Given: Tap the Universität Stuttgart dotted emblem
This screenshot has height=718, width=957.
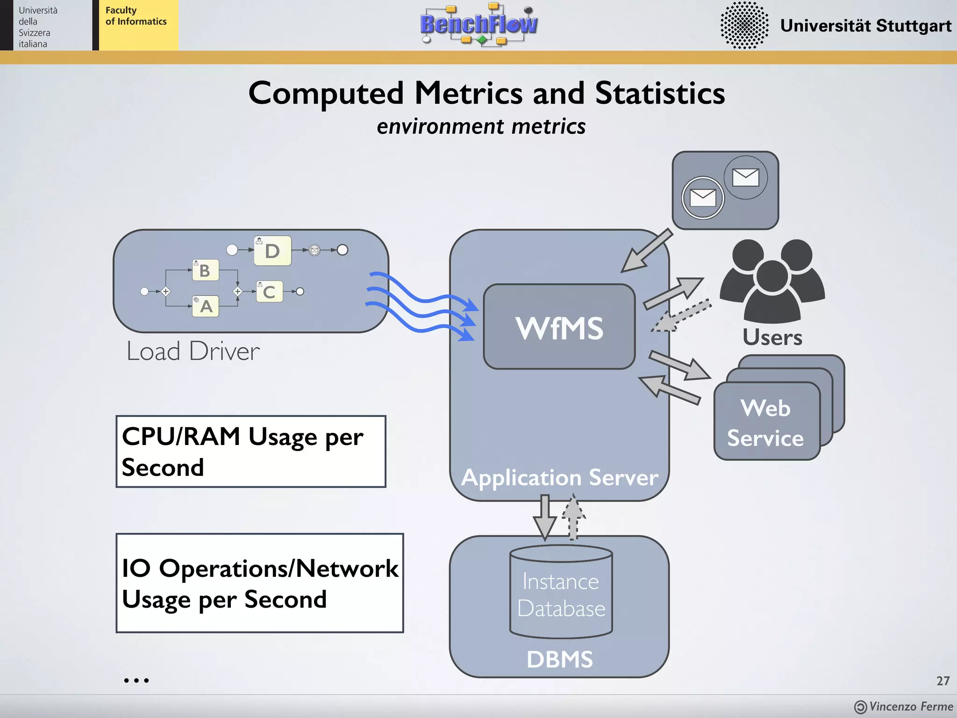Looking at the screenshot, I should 744,25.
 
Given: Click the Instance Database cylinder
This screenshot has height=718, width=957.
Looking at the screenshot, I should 561,593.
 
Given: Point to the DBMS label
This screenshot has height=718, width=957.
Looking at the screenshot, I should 559,659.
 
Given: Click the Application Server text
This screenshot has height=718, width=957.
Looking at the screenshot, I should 559,478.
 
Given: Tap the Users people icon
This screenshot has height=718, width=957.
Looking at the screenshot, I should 772,280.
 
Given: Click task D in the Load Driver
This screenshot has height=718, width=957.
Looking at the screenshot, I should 272,251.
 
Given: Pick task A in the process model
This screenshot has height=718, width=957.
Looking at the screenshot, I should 206,306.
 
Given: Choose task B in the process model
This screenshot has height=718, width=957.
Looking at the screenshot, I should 206,270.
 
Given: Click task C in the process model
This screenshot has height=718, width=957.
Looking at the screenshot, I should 269,292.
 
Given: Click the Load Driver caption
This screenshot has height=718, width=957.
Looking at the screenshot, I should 193,352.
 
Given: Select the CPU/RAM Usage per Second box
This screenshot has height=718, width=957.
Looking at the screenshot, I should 251,452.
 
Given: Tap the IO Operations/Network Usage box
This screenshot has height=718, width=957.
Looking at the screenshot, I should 260,583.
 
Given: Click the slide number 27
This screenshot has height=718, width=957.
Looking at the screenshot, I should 943,681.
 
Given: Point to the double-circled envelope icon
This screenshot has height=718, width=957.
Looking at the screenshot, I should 702,198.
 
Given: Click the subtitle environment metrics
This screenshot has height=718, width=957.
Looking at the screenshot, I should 481,127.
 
